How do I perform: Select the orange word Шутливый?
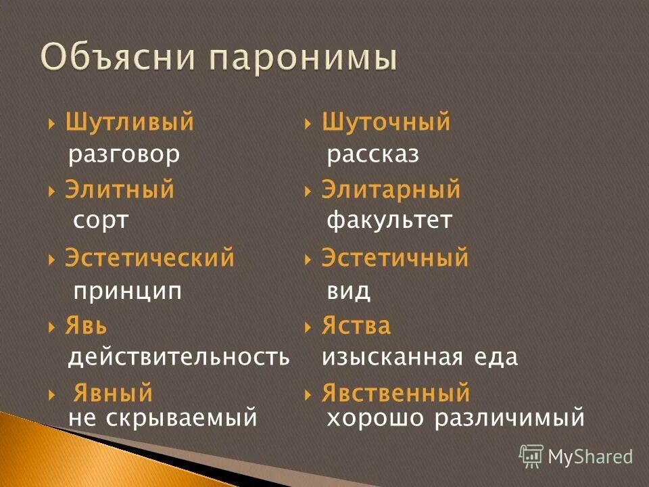[x=130, y=122]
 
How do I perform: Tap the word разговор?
[x=124, y=155]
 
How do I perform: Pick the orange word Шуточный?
[x=386, y=122]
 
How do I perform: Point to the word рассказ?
[x=373, y=155]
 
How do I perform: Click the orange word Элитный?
[x=120, y=190]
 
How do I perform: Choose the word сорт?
[x=100, y=221]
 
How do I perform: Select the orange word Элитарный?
[x=391, y=190]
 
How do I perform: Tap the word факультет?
[x=389, y=221]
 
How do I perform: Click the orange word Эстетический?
[x=150, y=258]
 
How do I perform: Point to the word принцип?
[x=128, y=291]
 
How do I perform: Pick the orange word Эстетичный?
[x=395, y=258]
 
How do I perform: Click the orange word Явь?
[x=86, y=326]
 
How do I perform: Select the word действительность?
[x=178, y=358]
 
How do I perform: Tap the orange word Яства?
[x=356, y=326]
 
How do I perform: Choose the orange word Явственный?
[x=396, y=392]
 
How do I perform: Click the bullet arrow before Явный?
[x=51, y=394]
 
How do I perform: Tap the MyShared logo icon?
[x=531, y=456]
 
